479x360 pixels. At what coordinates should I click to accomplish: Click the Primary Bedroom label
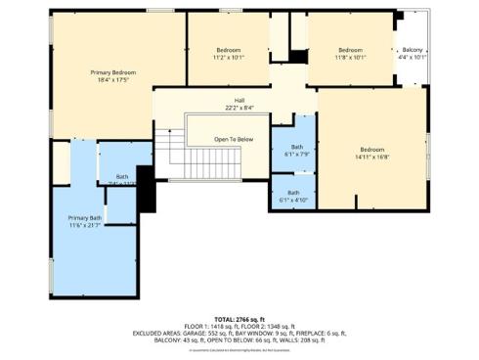point(112,72)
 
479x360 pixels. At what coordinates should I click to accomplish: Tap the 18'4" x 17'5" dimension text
point(112,80)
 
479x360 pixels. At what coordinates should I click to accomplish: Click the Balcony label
point(414,50)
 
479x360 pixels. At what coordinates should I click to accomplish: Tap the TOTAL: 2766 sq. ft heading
point(239,319)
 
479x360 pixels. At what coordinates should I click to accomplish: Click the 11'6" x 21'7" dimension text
point(84,225)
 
